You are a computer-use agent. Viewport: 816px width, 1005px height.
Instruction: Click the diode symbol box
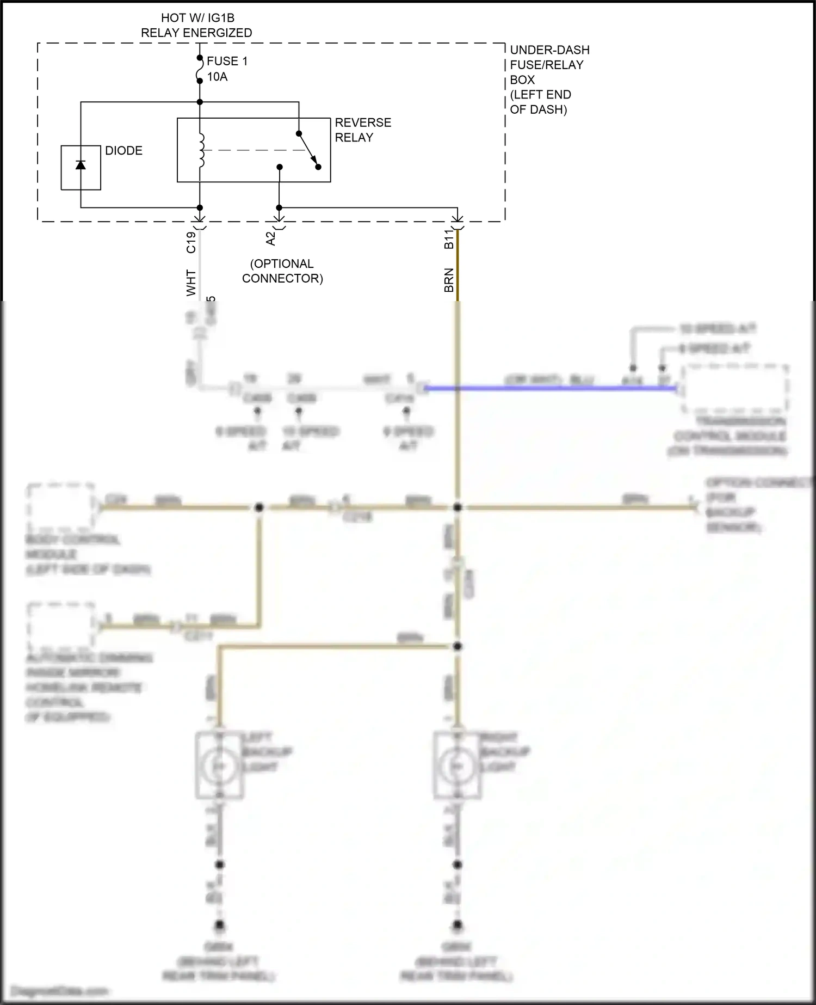click(81, 168)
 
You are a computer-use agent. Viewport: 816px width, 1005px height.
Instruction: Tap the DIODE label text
click(123, 151)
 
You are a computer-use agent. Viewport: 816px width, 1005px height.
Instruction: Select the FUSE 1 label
click(227, 61)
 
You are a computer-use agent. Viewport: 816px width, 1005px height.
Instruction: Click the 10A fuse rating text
click(217, 77)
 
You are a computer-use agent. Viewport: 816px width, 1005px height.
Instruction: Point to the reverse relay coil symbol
click(201, 150)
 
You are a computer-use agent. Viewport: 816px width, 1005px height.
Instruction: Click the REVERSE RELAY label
click(362, 130)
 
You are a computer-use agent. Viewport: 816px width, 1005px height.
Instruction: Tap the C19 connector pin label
click(191, 242)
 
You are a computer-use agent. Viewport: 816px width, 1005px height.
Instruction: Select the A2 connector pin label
click(271, 238)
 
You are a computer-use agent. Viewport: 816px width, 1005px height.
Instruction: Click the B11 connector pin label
click(449, 239)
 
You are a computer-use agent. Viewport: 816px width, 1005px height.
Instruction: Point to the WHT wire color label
click(191, 283)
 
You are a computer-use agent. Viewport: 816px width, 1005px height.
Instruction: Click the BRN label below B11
click(449, 280)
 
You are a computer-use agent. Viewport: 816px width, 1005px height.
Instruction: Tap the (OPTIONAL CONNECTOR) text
click(282, 271)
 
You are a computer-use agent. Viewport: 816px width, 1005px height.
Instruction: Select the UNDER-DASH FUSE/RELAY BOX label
click(549, 79)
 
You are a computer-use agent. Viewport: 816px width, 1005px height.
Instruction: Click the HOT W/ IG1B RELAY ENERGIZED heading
click(196, 26)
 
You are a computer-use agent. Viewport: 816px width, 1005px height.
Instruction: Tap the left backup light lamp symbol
click(219, 766)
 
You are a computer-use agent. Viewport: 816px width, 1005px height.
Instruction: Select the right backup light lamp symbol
click(457, 766)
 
